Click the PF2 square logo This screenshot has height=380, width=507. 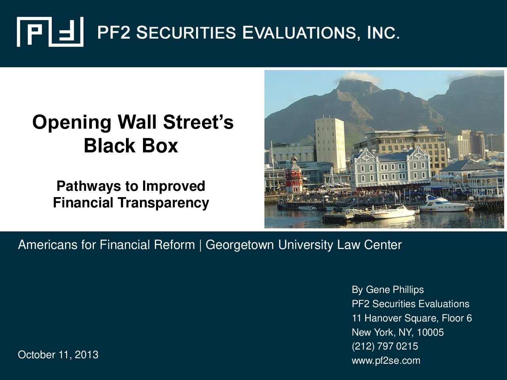click(50, 32)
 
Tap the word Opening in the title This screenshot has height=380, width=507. click(72, 123)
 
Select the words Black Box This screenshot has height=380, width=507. click(131, 146)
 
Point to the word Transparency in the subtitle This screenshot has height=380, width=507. click(164, 203)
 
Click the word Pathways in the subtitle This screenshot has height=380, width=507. click(89, 186)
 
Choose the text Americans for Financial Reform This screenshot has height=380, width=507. click(107, 245)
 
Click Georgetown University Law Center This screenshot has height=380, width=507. click(303, 245)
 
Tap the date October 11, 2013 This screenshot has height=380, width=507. click(58, 355)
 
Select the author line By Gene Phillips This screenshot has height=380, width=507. click(388, 290)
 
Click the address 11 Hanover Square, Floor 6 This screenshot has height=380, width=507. click(412, 318)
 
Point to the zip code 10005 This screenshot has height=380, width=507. click(431, 332)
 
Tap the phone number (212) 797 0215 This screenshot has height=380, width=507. click(385, 346)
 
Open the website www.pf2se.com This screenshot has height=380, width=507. click(386, 361)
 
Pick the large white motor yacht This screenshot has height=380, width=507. click(444, 204)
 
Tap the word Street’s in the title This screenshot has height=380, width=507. click(198, 122)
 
